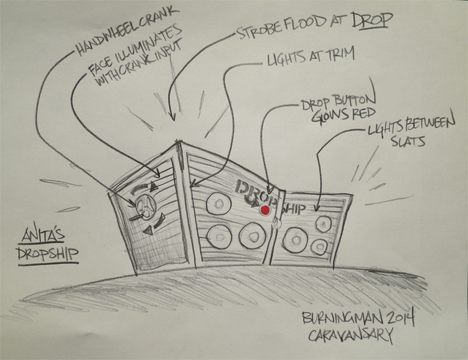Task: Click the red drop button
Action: coord(265,209)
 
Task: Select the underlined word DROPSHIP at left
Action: coord(45,254)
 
